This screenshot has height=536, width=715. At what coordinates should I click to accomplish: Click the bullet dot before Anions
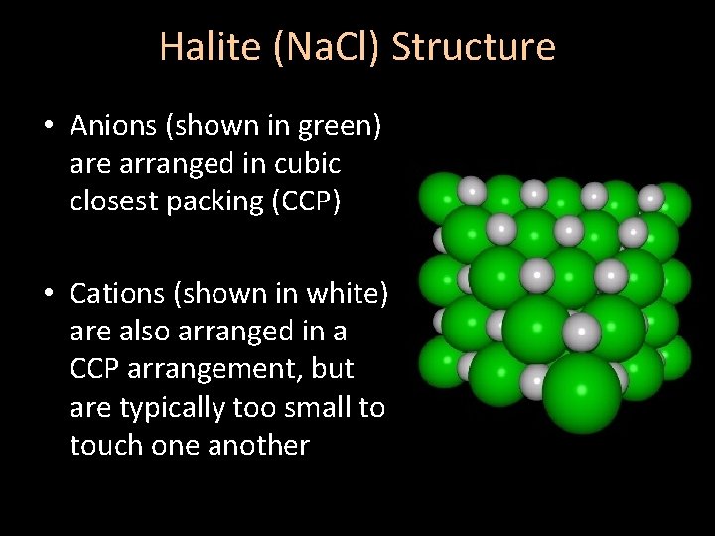click(48, 127)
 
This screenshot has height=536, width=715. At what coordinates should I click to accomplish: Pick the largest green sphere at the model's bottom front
click(581, 392)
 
